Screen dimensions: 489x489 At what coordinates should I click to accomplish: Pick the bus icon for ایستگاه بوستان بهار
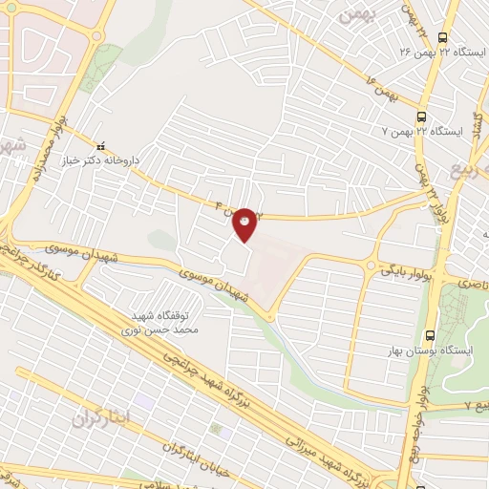pos(430,335)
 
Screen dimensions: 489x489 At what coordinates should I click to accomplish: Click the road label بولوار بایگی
pos(401,270)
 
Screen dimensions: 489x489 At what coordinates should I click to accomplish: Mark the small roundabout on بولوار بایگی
pos(371,265)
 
